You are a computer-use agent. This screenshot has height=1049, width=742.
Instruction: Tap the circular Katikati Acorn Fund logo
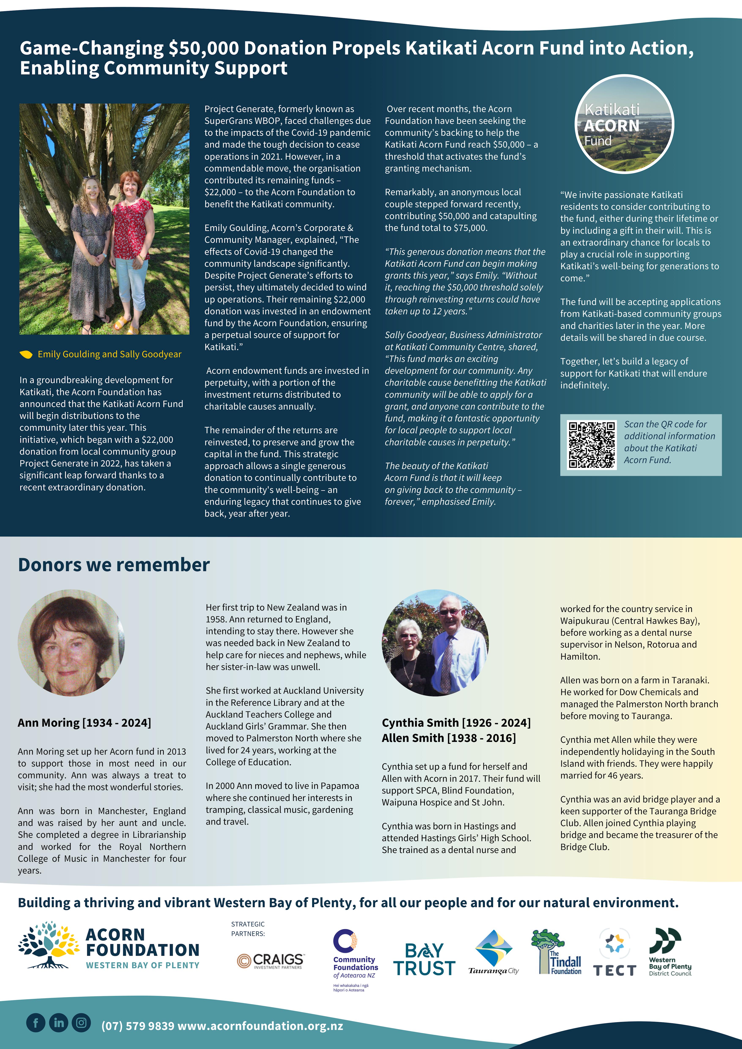pos(624,124)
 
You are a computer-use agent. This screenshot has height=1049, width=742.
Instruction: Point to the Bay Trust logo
pos(424,960)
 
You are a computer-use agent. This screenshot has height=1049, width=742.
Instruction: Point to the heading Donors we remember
pos(114,565)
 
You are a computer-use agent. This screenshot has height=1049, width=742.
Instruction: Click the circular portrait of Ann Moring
pos(71,643)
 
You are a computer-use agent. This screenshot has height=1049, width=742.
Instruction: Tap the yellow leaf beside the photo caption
pos(26,354)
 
